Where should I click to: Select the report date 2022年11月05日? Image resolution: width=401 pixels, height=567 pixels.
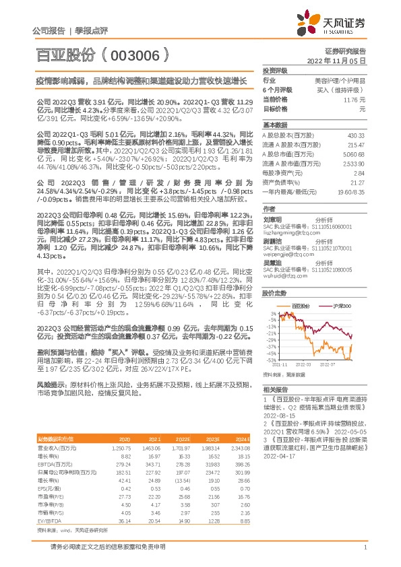pos(340,61)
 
